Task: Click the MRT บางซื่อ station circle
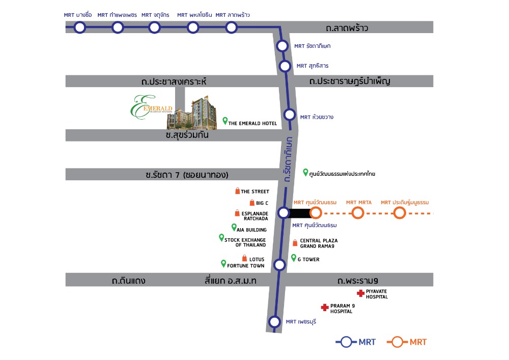pos(79,27)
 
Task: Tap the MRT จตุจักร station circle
pos(155,27)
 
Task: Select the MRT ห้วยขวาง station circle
pos(290,115)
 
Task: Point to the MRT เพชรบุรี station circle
pos(275,322)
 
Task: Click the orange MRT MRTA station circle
pos(358,213)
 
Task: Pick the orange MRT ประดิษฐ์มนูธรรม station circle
pos(400,213)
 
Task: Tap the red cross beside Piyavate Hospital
pos(361,293)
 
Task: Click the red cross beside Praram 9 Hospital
pos(325,308)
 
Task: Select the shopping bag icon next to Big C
pos(252,203)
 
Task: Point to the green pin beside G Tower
pos(294,258)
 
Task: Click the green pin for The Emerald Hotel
pos(225,121)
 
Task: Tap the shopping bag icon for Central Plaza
pos(295,243)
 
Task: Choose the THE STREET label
pos(255,191)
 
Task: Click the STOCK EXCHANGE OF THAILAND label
pos(245,242)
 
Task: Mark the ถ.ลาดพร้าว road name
pos(347,28)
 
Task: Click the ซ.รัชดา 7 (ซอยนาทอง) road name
pos(187,175)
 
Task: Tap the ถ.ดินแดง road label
pos(129,281)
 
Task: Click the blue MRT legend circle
pos(346,342)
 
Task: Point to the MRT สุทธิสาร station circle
pos(285,66)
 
